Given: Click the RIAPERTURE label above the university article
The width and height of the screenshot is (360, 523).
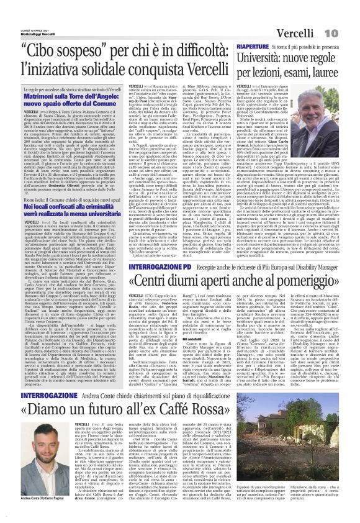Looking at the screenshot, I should (x=251, y=47).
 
